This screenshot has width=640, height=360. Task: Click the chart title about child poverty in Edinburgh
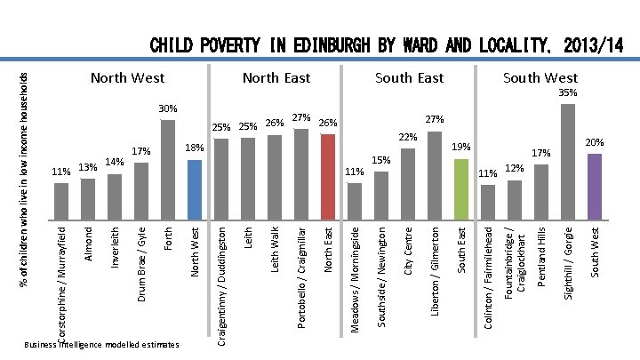pos(387,45)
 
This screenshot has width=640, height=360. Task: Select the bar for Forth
pos(168,169)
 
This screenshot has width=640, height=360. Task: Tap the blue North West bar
pos(195,188)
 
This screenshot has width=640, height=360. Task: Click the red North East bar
pos(327,176)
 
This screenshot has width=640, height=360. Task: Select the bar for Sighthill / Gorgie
pos(568,161)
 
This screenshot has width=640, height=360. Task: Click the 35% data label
pos(568,92)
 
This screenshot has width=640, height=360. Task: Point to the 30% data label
pos(168,108)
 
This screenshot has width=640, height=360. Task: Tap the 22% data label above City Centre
pos(408,137)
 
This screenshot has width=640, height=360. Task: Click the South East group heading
pos(409,78)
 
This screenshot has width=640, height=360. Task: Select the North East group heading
pos(276,78)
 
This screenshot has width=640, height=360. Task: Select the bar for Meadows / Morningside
pos(355,200)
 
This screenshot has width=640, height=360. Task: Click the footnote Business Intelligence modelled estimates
pos(102,344)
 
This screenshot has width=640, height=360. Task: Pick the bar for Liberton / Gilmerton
pos(435,174)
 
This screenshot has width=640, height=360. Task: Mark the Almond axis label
pos(88,243)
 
